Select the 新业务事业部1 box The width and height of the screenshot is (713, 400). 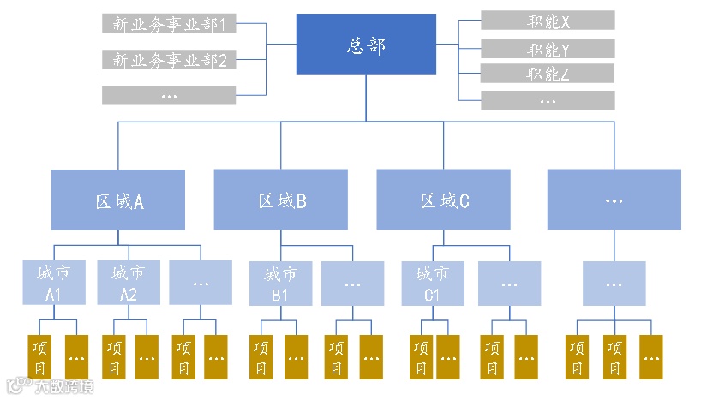[x=169, y=24]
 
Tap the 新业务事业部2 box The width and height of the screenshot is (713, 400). [x=169, y=59]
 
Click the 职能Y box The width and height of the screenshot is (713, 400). [x=548, y=49]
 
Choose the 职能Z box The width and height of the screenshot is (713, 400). [x=548, y=74]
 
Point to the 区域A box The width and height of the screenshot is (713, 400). [x=118, y=200]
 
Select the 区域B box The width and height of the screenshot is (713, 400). [x=281, y=200]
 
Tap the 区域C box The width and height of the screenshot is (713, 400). [x=444, y=200]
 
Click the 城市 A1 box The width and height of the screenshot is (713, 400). [x=54, y=284]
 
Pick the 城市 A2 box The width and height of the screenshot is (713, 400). [x=128, y=284]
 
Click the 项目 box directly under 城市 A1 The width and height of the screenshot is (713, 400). [x=39, y=358]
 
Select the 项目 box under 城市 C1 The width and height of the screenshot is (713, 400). [x=421, y=358]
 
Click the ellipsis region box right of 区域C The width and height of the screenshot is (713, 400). [x=614, y=200]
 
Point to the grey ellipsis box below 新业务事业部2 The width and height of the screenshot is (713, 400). [x=169, y=94]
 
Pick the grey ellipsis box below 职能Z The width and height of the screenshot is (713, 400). [x=548, y=100]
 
